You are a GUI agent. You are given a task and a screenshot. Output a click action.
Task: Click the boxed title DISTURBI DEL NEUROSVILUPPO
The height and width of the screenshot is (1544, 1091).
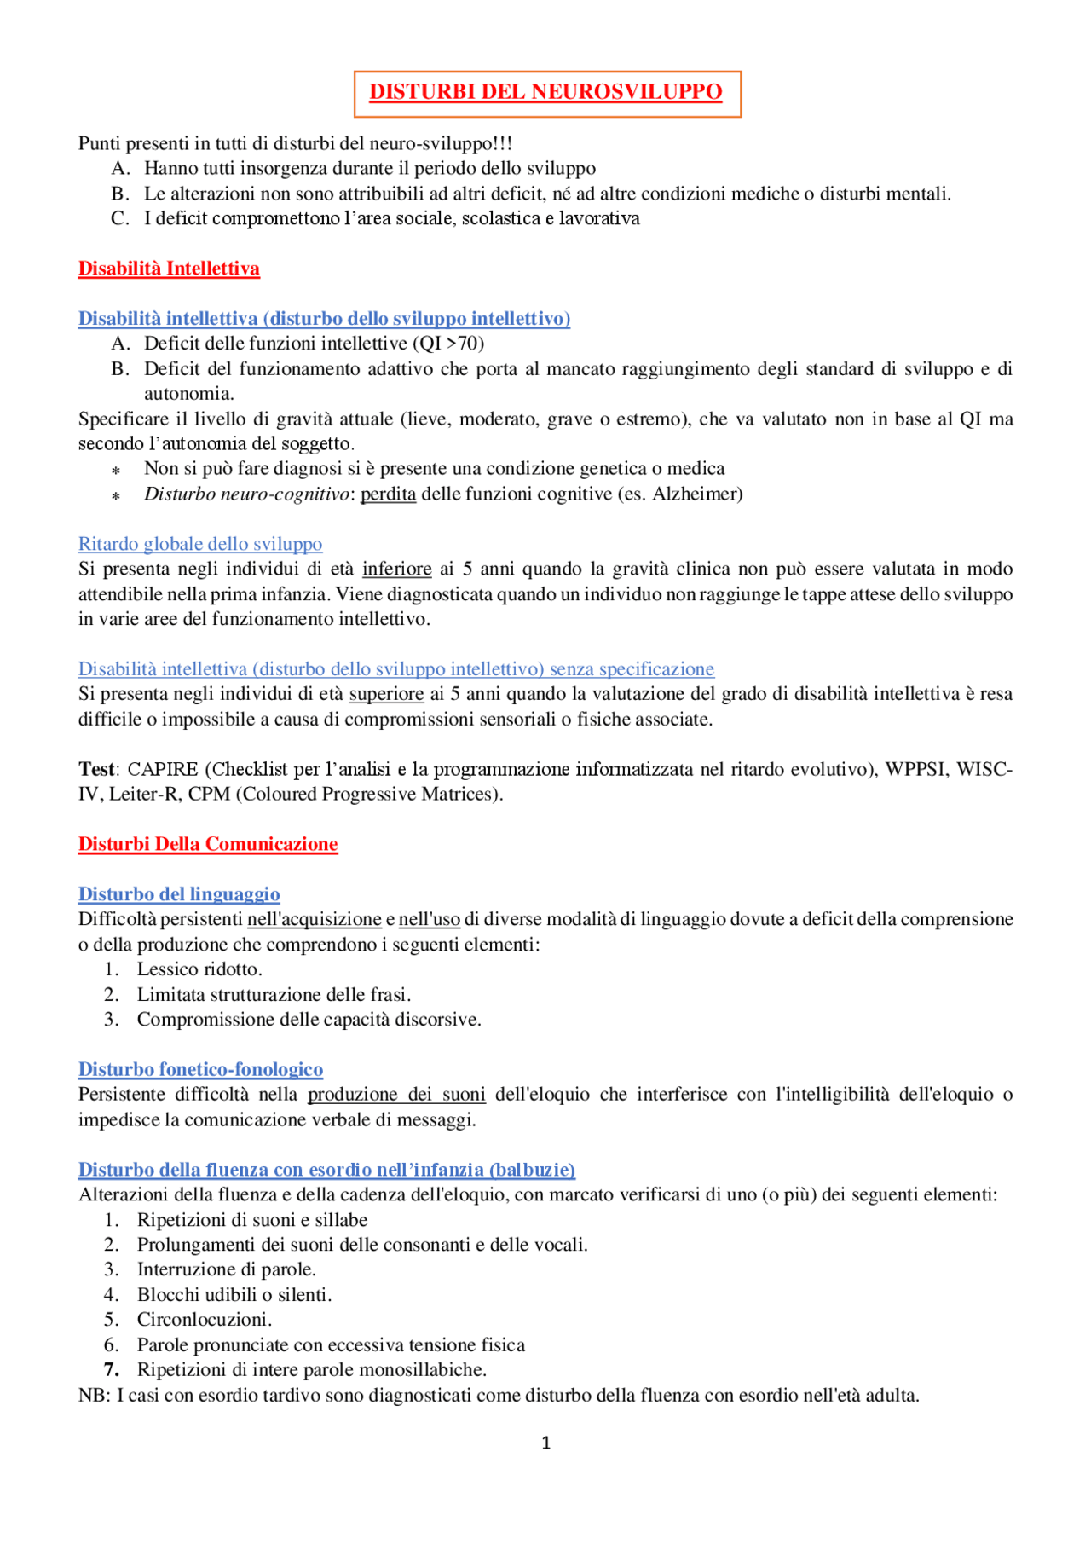545,92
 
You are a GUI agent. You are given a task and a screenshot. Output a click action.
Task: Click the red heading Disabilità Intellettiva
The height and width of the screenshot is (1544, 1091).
169,269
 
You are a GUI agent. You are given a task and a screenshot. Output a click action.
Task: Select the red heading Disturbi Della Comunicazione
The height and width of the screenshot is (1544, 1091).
208,844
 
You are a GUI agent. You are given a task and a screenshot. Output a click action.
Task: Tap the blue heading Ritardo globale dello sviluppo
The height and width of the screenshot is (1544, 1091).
200,544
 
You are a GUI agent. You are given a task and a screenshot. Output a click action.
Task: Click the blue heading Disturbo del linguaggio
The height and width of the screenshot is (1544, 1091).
179,894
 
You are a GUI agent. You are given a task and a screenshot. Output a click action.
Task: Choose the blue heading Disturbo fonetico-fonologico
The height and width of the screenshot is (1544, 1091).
200,1069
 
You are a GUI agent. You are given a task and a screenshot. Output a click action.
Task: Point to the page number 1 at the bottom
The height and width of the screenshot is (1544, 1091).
546,1443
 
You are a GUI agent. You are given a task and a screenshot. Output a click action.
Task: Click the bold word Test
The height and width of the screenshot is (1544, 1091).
96,769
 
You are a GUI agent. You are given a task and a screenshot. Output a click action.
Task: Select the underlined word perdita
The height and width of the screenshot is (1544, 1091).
389,494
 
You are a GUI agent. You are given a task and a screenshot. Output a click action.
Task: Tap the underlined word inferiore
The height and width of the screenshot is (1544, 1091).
397,569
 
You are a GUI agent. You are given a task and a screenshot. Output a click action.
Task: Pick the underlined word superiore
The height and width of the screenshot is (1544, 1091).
386,694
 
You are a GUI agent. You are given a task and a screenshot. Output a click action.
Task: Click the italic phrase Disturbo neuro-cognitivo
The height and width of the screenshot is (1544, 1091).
246,494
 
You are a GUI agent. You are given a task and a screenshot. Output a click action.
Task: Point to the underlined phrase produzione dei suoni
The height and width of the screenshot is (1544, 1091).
396,1094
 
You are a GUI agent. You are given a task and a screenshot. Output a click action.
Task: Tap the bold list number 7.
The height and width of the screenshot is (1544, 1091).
111,1369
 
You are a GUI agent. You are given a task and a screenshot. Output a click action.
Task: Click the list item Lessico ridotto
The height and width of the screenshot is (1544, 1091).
199,969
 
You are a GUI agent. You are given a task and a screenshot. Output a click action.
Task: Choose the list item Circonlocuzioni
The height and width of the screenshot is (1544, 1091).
205,1320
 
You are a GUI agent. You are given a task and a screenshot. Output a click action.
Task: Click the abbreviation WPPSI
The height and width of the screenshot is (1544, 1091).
915,769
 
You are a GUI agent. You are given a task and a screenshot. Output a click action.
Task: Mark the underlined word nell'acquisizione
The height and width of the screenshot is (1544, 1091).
315,919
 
